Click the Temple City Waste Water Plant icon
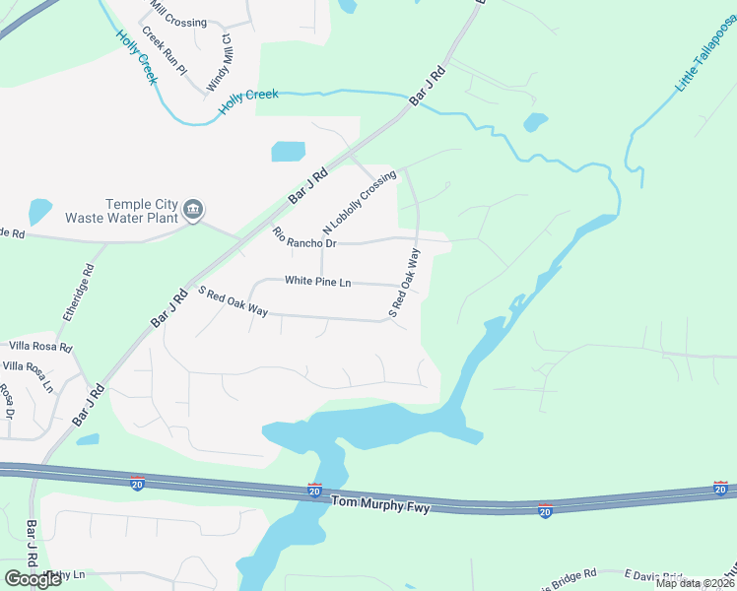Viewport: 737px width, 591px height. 193,210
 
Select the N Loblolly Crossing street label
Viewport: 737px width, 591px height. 359,202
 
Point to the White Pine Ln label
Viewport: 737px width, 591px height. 317,282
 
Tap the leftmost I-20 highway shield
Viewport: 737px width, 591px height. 138,483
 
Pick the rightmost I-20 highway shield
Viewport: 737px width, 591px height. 720,489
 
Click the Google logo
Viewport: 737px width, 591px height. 33,578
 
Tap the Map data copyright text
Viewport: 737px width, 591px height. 694,583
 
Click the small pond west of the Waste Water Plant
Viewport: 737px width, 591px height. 39,211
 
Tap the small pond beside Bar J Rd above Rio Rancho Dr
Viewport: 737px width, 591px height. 288,152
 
